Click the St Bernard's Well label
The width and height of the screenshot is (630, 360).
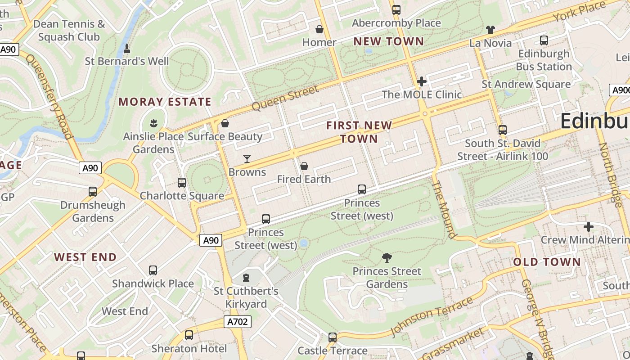click(x=127, y=61)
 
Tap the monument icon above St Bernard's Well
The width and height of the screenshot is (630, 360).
click(x=127, y=48)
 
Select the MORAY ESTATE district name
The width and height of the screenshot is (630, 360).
click(x=165, y=102)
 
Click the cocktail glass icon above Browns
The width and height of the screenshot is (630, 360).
click(x=247, y=158)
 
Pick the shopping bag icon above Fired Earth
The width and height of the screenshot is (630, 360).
click(x=304, y=166)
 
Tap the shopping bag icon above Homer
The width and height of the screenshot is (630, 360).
click(x=319, y=30)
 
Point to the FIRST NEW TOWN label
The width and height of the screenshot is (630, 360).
click(x=359, y=132)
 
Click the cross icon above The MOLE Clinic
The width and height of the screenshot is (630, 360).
click(x=422, y=81)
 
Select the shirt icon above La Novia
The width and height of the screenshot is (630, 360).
click(x=490, y=30)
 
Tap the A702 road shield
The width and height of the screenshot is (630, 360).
click(x=237, y=322)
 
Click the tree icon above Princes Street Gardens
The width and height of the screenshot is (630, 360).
click(x=387, y=258)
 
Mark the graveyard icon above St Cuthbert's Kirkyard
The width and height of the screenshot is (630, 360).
click(x=246, y=278)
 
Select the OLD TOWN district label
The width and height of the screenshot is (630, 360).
click(x=547, y=262)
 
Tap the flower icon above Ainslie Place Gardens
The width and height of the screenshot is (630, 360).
click(x=153, y=123)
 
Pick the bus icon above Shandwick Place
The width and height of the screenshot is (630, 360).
click(x=153, y=270)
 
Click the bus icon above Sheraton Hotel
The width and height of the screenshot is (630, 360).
click(x=189, y=335)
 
